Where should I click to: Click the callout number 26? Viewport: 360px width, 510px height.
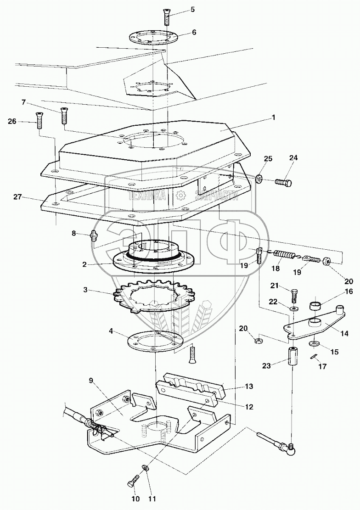click(x=12, y=122)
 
